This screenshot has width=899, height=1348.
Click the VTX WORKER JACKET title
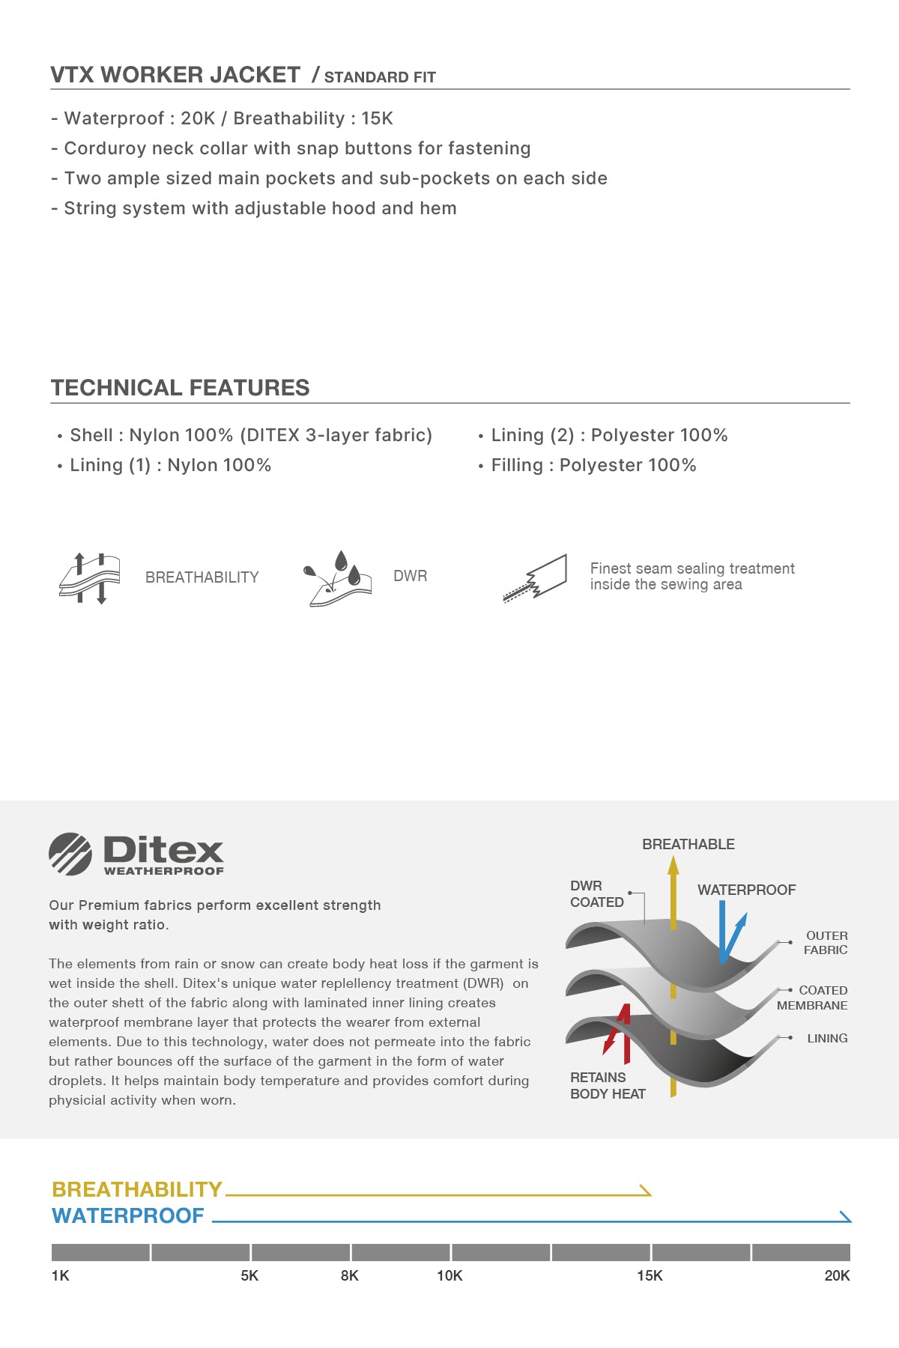(x=175, y=75)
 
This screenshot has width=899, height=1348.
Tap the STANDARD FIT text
(x=379, y=77)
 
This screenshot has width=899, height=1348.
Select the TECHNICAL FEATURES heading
(x=180, y=388)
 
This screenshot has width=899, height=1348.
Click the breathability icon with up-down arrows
(x=89, y=577)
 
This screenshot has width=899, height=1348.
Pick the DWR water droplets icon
(x=336, y=578)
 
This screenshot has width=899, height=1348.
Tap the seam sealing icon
(x=535, y=578)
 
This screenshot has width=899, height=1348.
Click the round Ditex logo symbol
(x=70, y=854)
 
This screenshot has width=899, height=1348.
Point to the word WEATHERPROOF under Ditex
(x=163, y=871)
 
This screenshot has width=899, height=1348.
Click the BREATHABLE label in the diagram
(x=688, y=844)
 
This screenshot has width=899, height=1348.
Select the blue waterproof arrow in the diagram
(x=729, y=932)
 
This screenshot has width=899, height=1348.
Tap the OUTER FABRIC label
(x=826, y=943)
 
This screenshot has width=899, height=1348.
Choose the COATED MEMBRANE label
(x=813, y=998)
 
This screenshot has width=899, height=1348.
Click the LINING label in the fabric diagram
(x=827, y=1038)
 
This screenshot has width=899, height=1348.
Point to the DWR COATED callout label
(x=596, y=894)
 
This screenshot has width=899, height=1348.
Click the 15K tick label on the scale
(x=650, y=1275)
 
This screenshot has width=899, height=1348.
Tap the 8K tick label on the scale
(x=349, y=1275)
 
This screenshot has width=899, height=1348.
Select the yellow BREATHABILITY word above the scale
(x=137, y=1189)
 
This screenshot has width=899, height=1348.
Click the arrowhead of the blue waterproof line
(x=846, y=1217)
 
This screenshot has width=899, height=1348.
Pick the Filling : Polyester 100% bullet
(x=593, y=465)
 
